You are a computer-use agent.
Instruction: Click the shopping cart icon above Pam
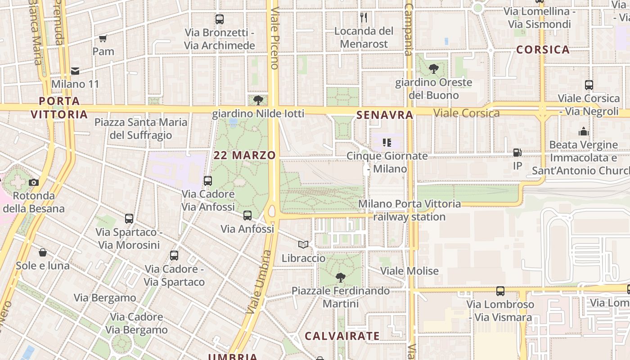103,38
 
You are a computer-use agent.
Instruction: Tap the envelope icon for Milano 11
75,71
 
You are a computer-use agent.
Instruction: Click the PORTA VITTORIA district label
59,108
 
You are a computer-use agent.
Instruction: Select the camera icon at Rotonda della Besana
34,182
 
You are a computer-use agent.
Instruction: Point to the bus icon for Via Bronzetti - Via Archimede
220,19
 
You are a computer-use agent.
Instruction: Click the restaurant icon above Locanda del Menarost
364,18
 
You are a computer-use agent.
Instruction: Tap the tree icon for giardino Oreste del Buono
434,69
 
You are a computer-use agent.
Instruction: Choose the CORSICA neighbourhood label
543,49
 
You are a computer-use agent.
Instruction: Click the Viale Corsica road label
467,113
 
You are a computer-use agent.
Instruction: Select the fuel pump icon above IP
517,153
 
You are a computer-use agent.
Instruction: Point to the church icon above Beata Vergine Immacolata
584,131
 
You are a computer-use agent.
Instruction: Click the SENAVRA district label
385,115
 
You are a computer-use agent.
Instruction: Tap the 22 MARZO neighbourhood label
245,155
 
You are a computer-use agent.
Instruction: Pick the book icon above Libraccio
303,245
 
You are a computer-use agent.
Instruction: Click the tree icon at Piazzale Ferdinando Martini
341,277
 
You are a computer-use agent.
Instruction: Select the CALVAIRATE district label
342,336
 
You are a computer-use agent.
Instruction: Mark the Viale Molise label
409,271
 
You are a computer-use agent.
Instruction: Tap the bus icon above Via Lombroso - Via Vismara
500,291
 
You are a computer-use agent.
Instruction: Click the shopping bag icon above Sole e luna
43,252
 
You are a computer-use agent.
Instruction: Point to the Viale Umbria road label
258,282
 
